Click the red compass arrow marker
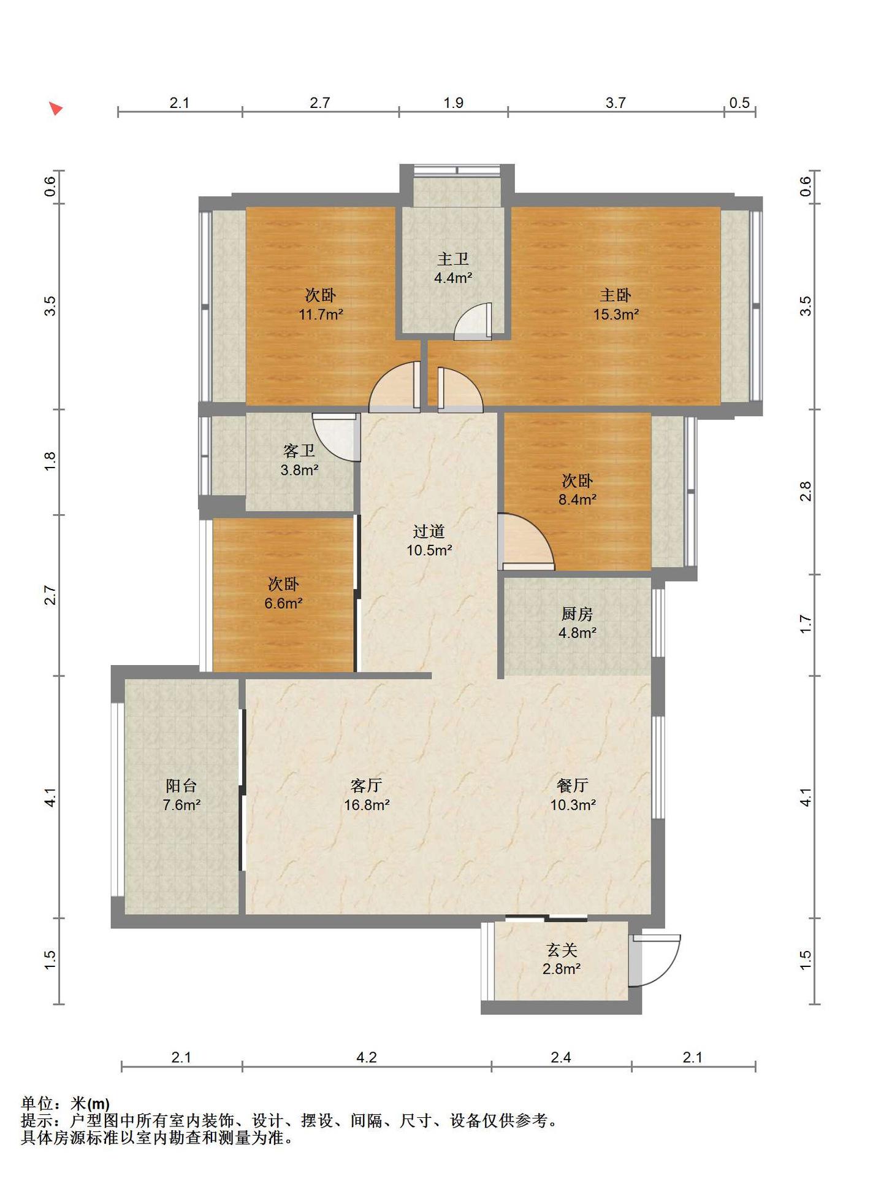pos(56,109)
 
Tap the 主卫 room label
pos(453,259)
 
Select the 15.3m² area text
pos(616,315)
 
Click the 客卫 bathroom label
pos(299,451)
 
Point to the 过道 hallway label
pos(429,531)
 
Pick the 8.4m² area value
pos(578,499)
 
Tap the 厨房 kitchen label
pos(578,614)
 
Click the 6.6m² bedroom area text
pos(283,603)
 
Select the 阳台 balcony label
pos(181,785)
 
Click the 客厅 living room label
pos(367,785)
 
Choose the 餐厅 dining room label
pos(573,785)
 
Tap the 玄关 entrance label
pos(562,950)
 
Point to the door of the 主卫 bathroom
pos(473,321)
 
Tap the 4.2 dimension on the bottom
pos(367,1057)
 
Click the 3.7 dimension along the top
pos(616,102)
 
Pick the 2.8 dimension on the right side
pos(806,491)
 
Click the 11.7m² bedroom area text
pos(321,315)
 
